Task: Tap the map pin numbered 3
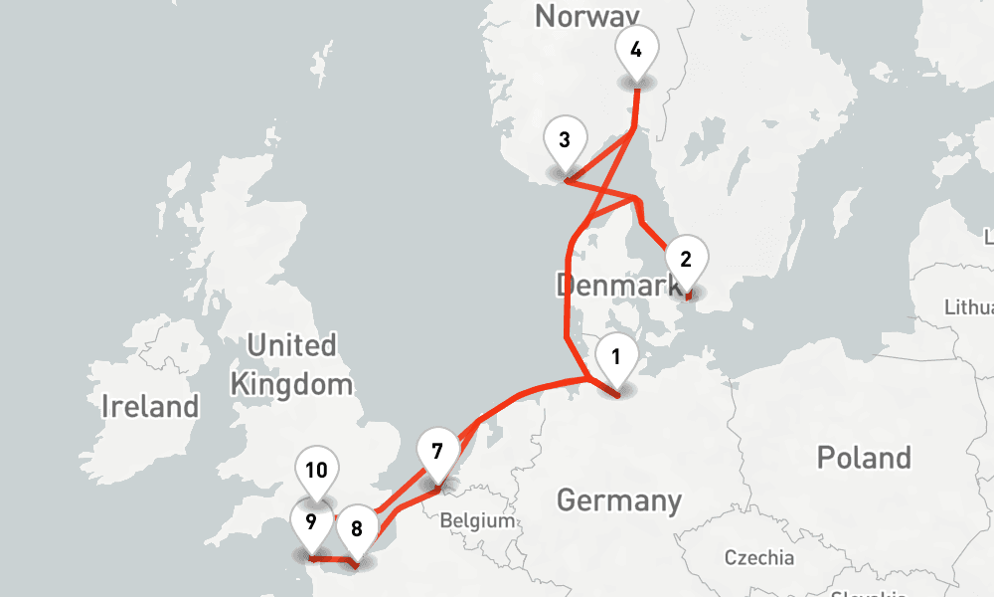click(564, 141)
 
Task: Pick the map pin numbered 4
click(636, 50)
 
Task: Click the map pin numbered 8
click(356, 526)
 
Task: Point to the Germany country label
click(619, 499)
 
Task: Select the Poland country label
click(863, 458)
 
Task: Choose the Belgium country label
click(477, 520)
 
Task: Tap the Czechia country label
click(759, 557)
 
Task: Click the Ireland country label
click(150, 406)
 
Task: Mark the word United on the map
click(291, 346)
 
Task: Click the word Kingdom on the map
click(291, 384)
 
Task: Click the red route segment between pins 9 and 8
click(334, 561)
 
